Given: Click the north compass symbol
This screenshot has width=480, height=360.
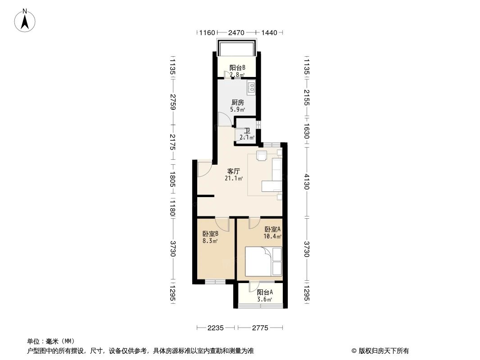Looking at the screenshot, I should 26,20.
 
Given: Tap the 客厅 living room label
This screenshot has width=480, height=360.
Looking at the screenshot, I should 233,171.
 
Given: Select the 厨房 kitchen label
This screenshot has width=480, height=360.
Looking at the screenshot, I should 237,102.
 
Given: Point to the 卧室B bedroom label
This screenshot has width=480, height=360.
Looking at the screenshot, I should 210,234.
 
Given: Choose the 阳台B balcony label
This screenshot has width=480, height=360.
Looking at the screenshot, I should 237,68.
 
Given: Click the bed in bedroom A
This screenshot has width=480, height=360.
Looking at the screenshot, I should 263,261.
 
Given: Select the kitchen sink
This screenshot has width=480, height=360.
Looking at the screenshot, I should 251,85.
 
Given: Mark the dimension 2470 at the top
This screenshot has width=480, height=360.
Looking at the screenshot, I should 236,33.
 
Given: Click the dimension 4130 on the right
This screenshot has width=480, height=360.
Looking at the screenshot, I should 307,181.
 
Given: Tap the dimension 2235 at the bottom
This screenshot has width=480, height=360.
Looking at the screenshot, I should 216,328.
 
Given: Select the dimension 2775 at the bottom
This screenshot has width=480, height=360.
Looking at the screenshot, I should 260,328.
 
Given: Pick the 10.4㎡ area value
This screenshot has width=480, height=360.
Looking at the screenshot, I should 272,236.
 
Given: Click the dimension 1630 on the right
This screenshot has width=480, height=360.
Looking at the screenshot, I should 307,132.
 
